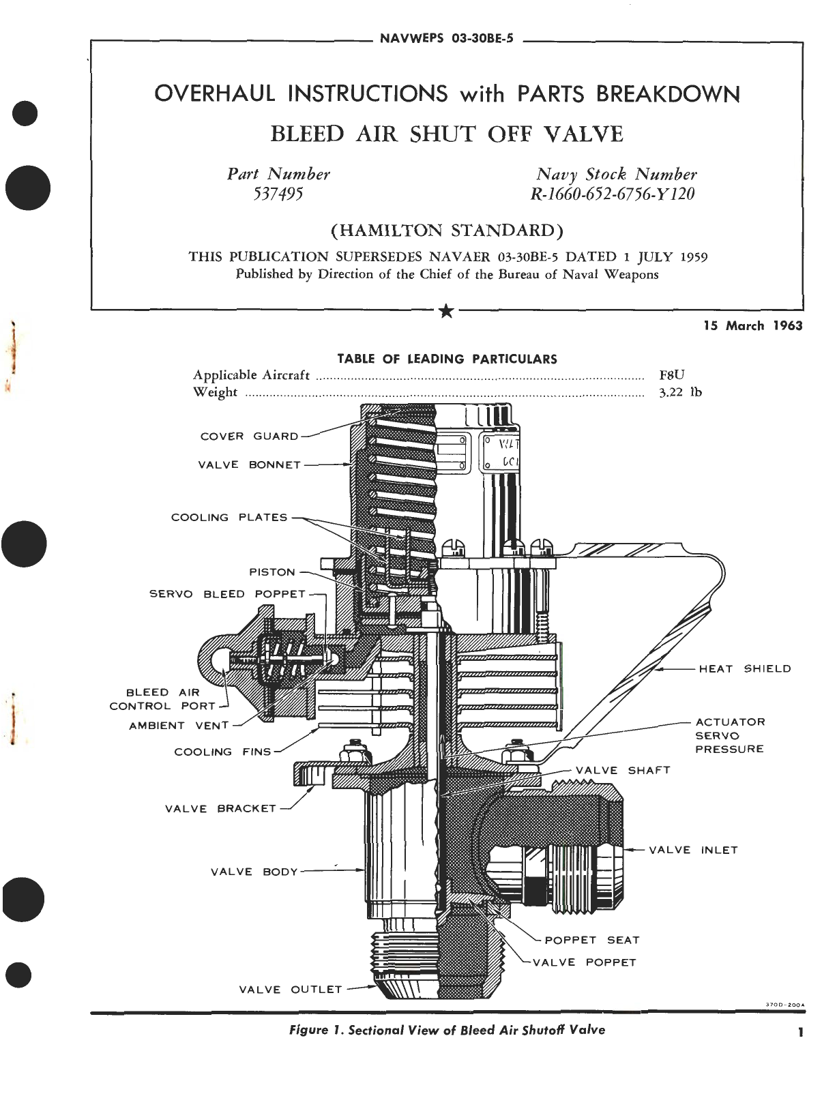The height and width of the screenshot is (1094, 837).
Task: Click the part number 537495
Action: (x=278, y=194)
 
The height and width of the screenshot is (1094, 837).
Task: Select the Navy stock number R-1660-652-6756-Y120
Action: (x=613, y=194)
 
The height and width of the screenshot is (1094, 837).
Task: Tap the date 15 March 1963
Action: (x=753, y=326)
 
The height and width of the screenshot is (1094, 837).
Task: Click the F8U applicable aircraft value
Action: (x=672, y=374)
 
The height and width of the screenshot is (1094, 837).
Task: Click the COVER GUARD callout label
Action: (x=249, y=437)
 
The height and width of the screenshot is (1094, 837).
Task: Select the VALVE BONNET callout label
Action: (x=249, y=465)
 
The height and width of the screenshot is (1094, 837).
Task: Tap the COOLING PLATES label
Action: (x=229, y=518)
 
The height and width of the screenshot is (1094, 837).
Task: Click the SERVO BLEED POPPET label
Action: (x=227, y=594)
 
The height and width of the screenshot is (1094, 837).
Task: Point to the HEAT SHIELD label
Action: (x=745, y=669)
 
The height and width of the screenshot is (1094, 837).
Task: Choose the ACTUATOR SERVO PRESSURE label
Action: (x=729, y=735)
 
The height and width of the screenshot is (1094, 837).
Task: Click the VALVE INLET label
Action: (x=693, y=850)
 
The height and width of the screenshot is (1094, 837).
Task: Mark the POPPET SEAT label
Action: (x=592, y=940)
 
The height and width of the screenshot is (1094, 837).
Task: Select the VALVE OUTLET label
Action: (x=290, y=989)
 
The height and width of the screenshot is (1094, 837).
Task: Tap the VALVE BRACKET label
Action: (x=220, y=809)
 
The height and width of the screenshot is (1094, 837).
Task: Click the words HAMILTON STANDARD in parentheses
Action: (x=447, y=231)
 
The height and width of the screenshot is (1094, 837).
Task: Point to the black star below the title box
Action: (x=446, y=312)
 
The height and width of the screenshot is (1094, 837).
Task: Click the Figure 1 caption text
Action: (x=447, y=1030)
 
